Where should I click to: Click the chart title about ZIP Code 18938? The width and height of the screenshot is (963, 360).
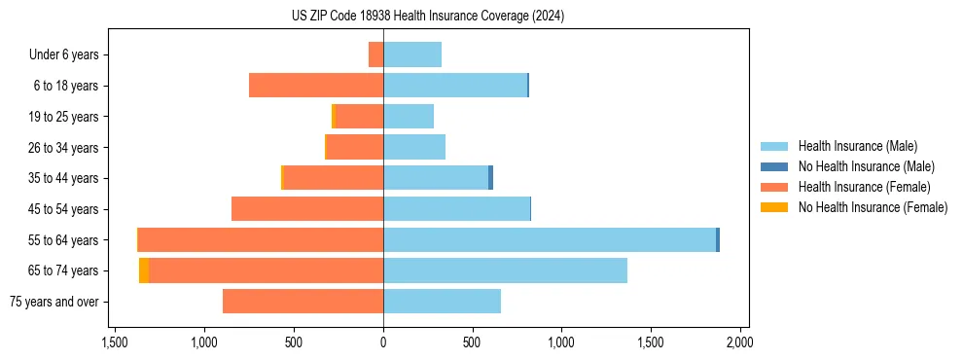427,17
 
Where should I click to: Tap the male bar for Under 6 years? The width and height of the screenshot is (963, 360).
412,54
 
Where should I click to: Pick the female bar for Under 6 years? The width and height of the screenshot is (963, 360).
375,54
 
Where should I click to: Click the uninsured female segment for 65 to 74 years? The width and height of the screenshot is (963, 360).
144,270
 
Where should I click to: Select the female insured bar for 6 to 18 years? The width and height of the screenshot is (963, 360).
316,86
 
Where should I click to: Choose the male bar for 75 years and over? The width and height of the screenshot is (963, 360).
442,302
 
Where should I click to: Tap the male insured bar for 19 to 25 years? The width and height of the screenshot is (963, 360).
409,117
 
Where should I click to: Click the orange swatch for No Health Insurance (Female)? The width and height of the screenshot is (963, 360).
774,207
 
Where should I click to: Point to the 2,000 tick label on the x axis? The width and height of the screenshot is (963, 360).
739,342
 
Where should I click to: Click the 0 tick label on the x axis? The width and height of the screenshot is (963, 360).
383,342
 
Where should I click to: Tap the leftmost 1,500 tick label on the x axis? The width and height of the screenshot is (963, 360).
115,342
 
